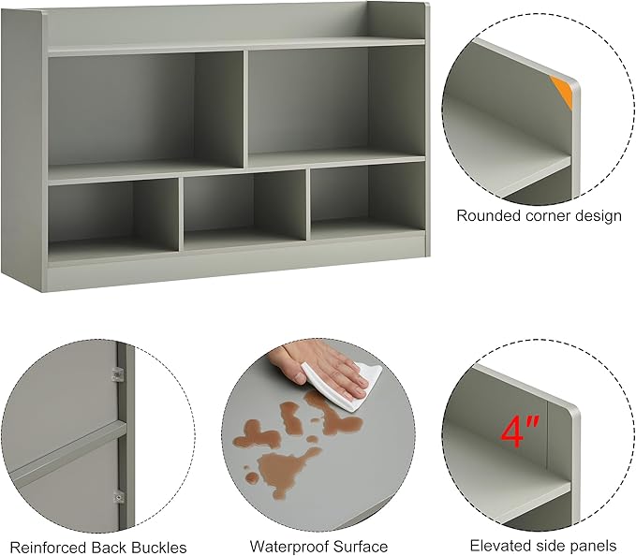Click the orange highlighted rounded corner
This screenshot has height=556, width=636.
tap(562, 92)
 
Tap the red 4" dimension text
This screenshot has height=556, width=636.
tap(519, 432)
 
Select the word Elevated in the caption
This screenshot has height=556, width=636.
tap(501, 546)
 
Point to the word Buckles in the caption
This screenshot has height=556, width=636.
tap(157, 547)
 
